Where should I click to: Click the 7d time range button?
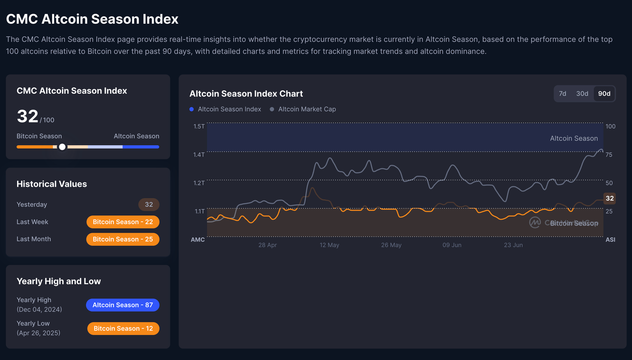click(563, 94)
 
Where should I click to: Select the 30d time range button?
click(582, 94)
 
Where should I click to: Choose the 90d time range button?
click(604, 94)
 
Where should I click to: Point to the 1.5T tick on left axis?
click(199, 126)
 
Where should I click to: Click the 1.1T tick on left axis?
click(199, 211)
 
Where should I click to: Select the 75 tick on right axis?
click(609, 155)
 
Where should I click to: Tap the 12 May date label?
click(329, 245)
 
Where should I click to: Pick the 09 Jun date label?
click(452, 245)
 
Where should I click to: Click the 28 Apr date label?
click(267, 245)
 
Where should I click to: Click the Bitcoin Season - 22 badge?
click(123, 222)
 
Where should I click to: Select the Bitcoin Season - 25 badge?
click(123, 239)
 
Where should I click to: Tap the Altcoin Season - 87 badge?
click(122, 305)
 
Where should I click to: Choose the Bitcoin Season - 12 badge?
click(123, 328)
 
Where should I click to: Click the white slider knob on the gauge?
click(62, 147)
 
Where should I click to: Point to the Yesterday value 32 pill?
click(149, 205)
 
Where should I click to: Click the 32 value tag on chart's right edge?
click(610, 198)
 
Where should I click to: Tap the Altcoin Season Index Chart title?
click(246, 94)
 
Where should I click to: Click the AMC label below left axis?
click(198, 240)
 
